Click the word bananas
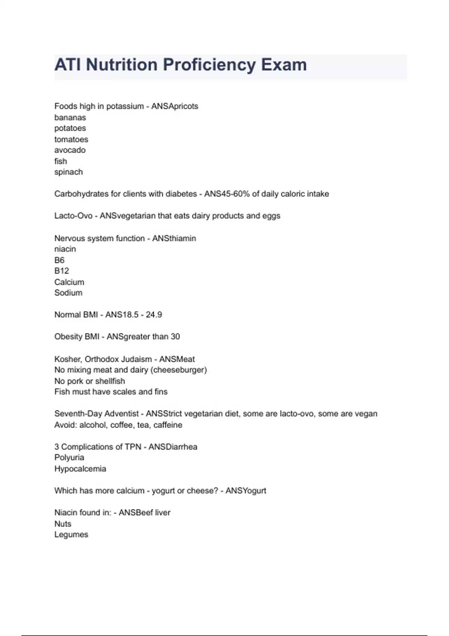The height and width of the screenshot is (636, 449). tap(70, 117)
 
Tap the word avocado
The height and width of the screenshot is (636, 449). tap(70, 150)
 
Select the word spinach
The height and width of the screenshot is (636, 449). tap(68, 172)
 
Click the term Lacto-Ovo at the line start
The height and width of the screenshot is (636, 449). tap(73, 216)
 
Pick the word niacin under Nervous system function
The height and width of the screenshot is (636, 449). tap(65, 249)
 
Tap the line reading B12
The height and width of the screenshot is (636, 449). tap(62, 271)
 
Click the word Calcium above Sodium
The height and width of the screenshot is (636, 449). tap(69, 282)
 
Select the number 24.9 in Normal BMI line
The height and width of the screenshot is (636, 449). tap(154, 315)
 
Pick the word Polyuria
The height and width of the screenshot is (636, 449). tap(69, 458)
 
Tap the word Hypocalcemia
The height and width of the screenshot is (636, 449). tap(80, 469)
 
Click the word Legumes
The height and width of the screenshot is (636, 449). tap(71, 535)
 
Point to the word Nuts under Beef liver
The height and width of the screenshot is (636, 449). tap(63, 524)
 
